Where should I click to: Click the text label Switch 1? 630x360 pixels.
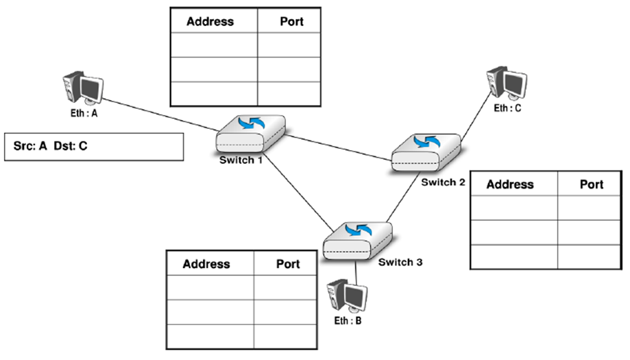[241, 160]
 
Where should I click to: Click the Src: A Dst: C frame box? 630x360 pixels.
[93, 146]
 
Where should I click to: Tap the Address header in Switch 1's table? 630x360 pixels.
[210, 21]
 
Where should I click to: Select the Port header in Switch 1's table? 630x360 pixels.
[291, 21]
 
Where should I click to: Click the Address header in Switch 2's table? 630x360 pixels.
[509, 184]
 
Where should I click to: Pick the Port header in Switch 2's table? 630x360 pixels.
[592, 184]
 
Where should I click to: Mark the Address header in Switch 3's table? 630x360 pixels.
[206, 264]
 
